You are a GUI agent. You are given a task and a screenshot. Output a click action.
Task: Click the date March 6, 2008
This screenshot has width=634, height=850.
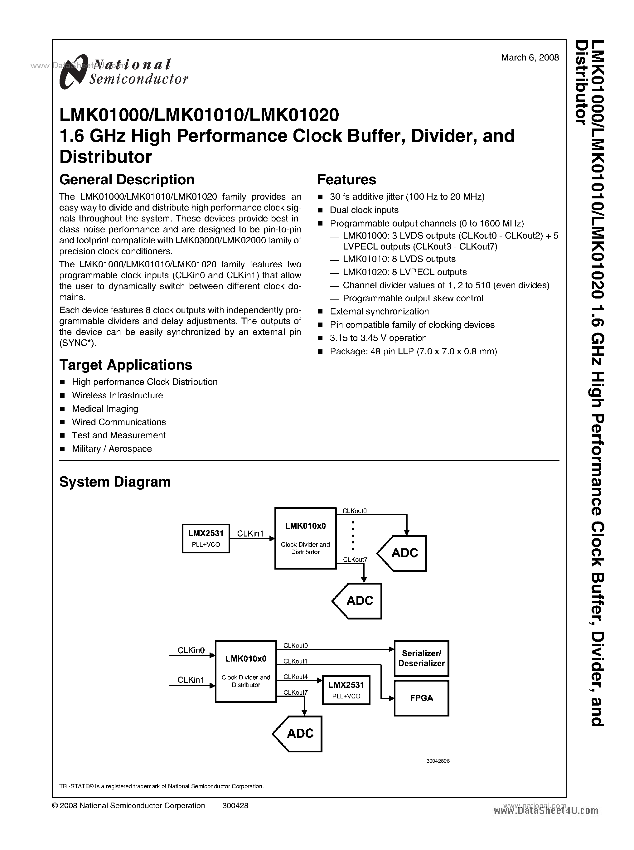pyautogui.click(x=530, y=58)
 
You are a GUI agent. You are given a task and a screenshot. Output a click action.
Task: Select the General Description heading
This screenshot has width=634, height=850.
pyautogui.click(x=127, y=180)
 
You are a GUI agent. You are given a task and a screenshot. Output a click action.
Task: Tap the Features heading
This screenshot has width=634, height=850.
pyautogui.click(x=346, y=180)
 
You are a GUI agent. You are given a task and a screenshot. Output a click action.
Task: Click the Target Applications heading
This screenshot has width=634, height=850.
pyautogui.click(x=125, y=365)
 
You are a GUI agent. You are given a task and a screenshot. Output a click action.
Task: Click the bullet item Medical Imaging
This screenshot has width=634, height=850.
pyautogui.click(x=105, y=409)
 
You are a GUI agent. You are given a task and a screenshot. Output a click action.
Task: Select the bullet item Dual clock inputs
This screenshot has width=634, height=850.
pyautogui.click(x=364, y=210)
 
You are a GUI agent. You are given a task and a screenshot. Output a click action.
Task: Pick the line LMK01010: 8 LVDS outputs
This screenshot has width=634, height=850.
pyautogui.click(x=399, y=259)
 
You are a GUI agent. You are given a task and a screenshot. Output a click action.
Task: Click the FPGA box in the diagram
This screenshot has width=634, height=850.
pyautogui.click(x=421, y=698)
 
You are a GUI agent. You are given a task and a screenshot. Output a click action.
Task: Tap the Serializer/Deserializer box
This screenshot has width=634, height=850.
pyautogui.click(x=421, y=658)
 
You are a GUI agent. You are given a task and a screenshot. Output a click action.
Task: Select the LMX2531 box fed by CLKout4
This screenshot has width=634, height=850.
pyautogui.click(x=346, y=690)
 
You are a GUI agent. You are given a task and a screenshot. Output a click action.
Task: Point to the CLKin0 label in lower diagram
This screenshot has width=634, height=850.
pyautogui.click(x=191, y=650)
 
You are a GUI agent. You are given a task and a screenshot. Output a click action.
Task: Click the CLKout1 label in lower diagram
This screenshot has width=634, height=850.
pyautogui.click(x=295, y=661)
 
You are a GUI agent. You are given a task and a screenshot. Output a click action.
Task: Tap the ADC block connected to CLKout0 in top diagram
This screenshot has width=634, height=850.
pyautogui.click(x=403, y=553)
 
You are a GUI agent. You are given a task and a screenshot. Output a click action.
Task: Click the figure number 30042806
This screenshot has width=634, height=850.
pyautogui.click(x=438, y=760)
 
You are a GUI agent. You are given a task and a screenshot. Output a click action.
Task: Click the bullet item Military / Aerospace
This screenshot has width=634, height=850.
pyautogui.click(x=111, y=449)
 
